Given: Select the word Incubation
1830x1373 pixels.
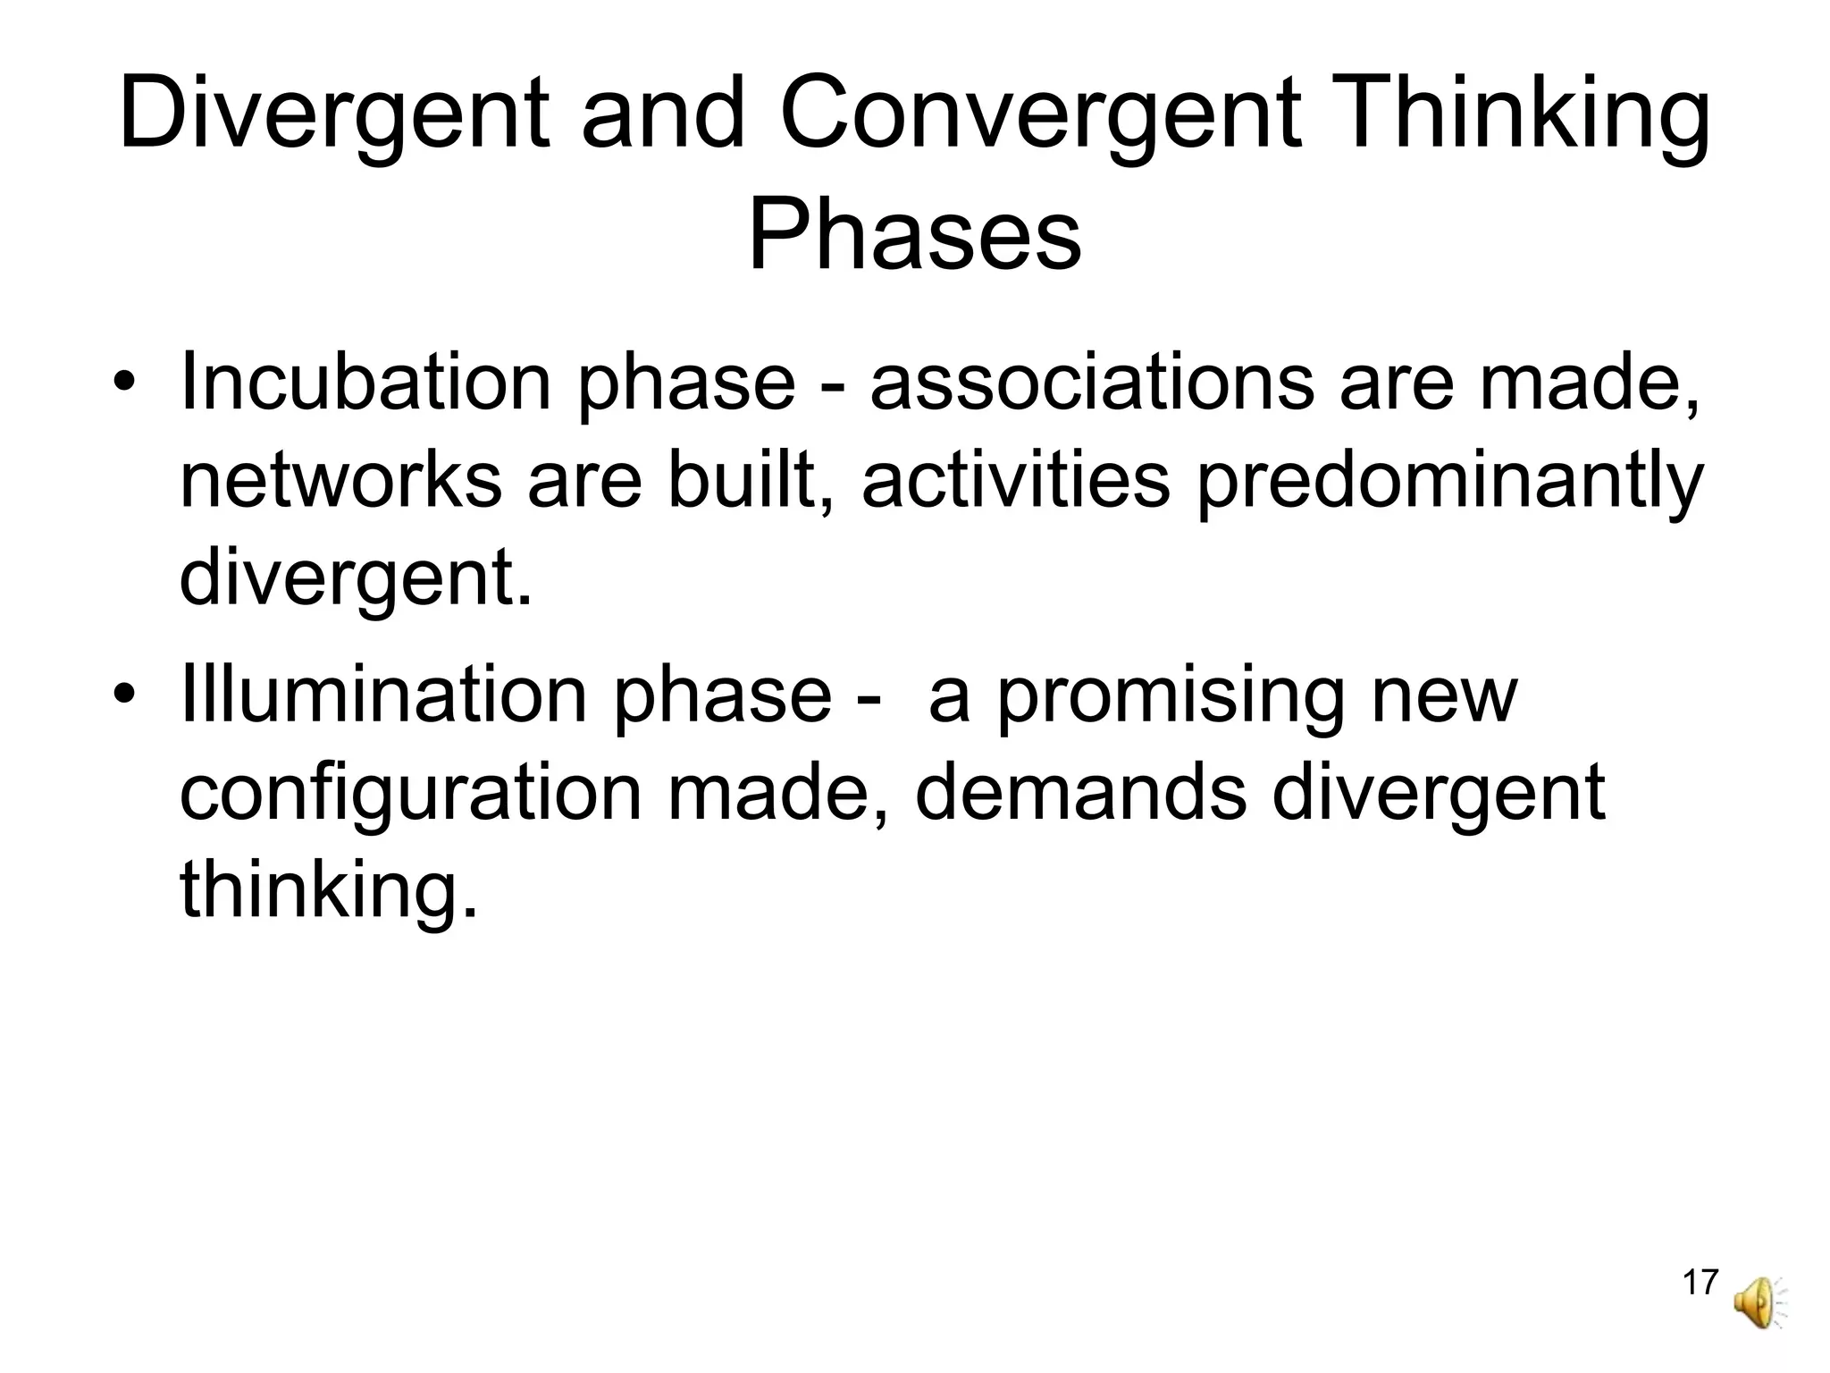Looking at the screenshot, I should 366,383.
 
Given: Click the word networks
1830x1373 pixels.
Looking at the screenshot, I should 340,481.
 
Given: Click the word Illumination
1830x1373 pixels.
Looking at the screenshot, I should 384,695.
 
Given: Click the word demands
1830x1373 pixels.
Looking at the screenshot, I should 1080,793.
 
